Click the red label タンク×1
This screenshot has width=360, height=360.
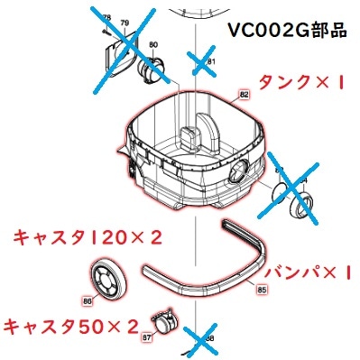click(x=297, y=83)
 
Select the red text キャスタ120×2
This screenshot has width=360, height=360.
click(x=87, y=237)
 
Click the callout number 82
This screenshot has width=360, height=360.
click(x=243, y=93)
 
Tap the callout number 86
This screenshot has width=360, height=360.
click(x=87, y=301)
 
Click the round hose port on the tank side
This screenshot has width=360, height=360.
click(x=242, y=171)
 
